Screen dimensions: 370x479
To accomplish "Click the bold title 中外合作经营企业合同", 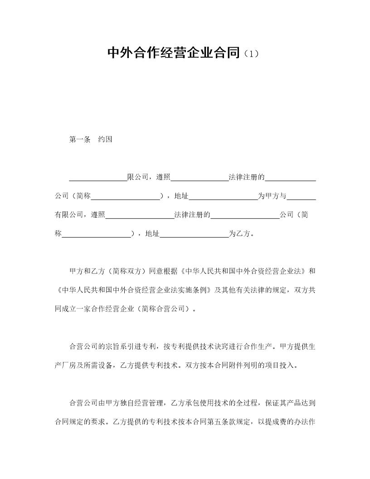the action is pos(173,53).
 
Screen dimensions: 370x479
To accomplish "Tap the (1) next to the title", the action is pos(251,54).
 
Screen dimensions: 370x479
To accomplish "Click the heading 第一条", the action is pos(80,139).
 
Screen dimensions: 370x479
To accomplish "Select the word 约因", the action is pos(105,139).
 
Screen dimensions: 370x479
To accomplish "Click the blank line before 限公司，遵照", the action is pos(98,178).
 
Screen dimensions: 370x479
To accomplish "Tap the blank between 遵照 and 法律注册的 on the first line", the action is pos(200,178).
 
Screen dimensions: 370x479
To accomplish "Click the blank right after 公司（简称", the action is pos(126,197).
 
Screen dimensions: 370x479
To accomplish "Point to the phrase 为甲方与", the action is pos(273,196).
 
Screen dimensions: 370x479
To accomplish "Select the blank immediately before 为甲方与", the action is pos(224,197).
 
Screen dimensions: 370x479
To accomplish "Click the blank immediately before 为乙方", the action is pos(195,235).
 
